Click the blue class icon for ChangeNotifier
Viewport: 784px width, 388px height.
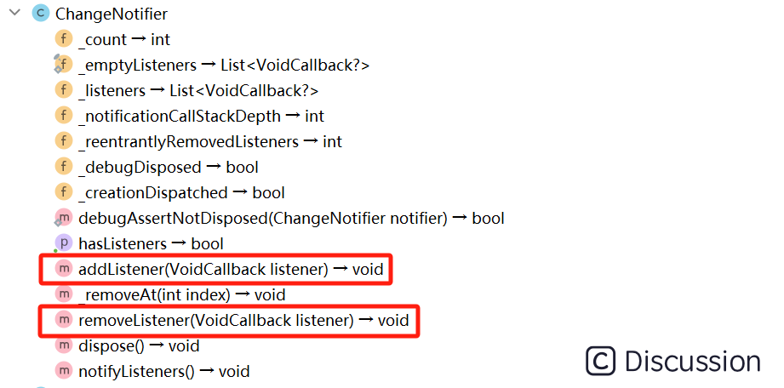40,14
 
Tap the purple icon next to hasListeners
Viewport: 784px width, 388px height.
64,243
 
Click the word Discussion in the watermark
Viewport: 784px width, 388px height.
692,361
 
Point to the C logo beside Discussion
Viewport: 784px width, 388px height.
601,361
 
